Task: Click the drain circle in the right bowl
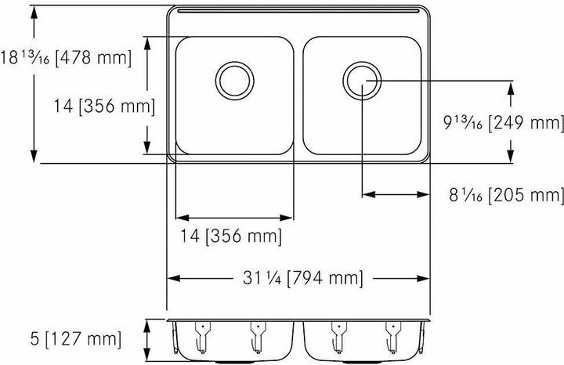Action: click(361, 79)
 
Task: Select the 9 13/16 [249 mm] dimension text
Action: click(503, 122)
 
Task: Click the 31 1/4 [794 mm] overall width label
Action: click(302, 278)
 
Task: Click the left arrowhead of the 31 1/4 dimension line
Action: click(174, 278)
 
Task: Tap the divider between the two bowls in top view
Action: click(298, 94)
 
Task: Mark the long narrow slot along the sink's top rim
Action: click(298, 13)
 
